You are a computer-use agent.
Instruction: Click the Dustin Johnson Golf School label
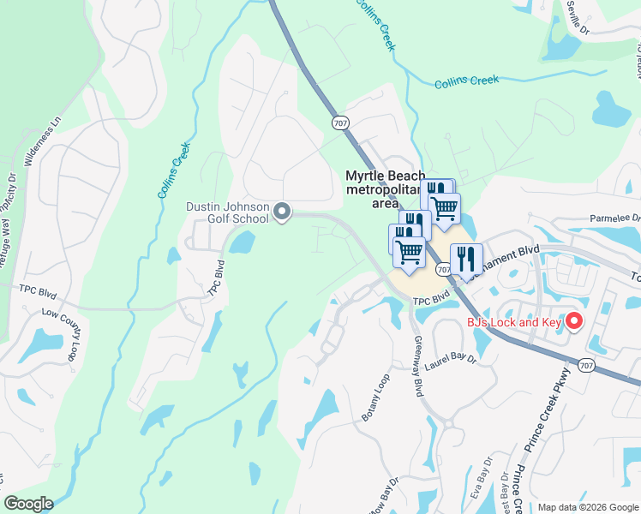point(228,212)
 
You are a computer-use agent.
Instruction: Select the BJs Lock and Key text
point(513,322)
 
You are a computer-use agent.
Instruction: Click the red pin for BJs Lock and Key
point(574,322)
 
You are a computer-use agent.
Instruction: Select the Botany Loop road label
point(376,397)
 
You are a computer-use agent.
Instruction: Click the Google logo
point(28,504)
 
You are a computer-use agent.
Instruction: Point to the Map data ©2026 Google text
point(587,506)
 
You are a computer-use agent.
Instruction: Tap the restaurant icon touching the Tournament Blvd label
point(466,258)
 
